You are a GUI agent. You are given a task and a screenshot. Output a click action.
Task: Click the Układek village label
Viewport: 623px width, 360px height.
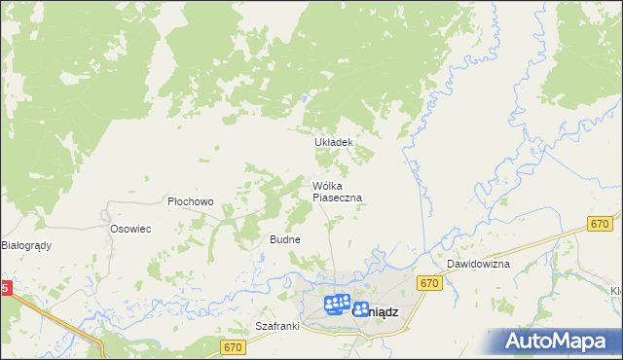click(332, 142)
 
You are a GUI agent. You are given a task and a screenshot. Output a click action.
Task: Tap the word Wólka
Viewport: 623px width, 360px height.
click(326, 186)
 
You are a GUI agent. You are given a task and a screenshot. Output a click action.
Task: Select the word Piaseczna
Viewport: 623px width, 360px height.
click(337, 198)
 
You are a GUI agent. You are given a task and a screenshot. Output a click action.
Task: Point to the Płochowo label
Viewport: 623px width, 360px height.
click(190, 202)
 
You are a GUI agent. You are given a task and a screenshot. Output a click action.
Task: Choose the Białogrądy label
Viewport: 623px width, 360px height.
click(26, 246)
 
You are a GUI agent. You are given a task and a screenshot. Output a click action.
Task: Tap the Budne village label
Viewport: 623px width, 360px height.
click(284, 239)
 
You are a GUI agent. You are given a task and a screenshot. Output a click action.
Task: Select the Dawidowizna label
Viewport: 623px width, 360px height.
click(479, 265)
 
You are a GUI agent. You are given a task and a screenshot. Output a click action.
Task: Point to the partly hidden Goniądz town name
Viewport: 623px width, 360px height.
click(375, 312)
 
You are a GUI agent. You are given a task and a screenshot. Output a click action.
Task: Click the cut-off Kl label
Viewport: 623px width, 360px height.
click(615, 291)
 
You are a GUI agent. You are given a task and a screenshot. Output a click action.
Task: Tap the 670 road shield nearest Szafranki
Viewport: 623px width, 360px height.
click(232, 347)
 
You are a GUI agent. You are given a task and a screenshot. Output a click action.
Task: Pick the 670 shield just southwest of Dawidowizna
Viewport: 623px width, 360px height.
click(429, 283)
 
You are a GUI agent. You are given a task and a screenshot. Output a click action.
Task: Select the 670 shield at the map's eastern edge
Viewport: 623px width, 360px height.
click(600, 224)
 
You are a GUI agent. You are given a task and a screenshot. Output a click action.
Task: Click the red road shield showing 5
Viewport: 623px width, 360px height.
click(5, 289)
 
